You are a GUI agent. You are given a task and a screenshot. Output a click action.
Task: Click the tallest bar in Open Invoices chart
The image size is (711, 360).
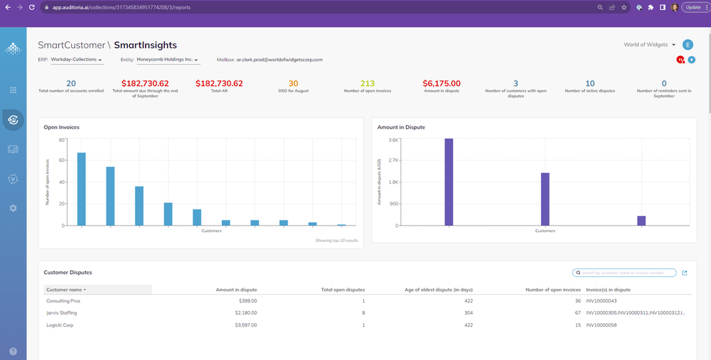coord(81,189)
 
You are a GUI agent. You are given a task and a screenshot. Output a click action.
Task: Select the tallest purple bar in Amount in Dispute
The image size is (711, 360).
coord(449,182)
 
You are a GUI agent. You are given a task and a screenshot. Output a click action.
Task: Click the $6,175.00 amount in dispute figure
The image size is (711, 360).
coord(441,83)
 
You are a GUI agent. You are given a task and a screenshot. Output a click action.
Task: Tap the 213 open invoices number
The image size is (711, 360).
coord(367,83)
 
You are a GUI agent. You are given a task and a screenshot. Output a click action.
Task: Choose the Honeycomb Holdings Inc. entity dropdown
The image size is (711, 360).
coord(167,59)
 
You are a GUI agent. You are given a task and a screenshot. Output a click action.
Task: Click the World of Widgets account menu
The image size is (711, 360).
coord(650,45)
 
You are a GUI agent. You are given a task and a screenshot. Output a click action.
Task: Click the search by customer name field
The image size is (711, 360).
coord(627,273)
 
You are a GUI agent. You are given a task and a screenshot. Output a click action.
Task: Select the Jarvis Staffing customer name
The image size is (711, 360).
coord(61,313)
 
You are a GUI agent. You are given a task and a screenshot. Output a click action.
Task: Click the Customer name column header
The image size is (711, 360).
coord(66,290)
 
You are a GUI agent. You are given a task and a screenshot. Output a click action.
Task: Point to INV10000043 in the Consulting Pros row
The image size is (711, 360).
coord(601,301)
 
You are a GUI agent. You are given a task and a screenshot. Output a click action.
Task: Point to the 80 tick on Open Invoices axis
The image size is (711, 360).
coord(62,140)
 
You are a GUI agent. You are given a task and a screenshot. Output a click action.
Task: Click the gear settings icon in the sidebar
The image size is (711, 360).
coord(13,208)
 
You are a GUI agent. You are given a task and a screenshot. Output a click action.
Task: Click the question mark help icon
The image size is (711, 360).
coord(13,352)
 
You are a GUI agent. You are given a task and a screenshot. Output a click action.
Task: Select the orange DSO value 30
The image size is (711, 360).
coord(293,83)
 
